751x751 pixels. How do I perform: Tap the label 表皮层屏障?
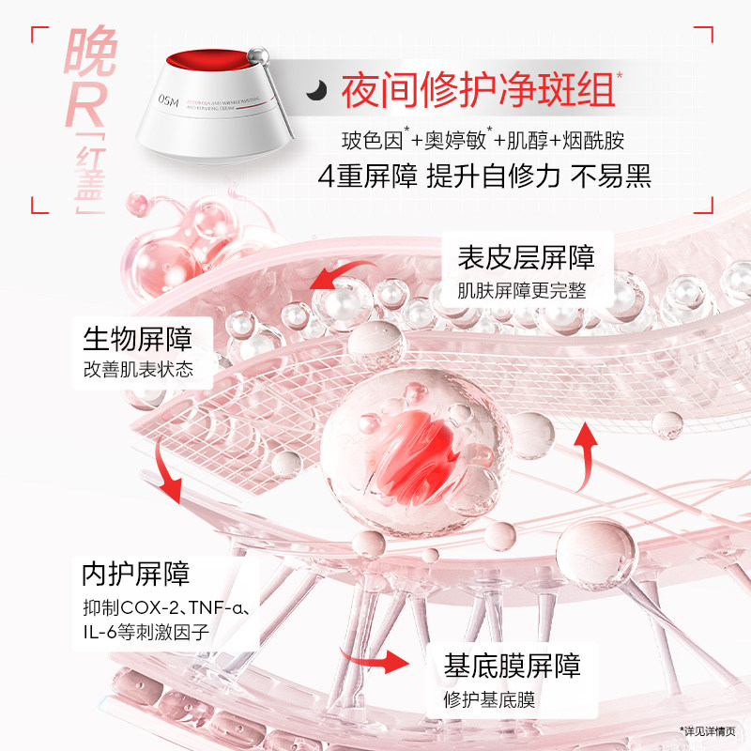526,257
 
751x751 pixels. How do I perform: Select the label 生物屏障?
137,336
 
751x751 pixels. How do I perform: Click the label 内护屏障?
135,572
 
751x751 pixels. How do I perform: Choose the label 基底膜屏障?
512,666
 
